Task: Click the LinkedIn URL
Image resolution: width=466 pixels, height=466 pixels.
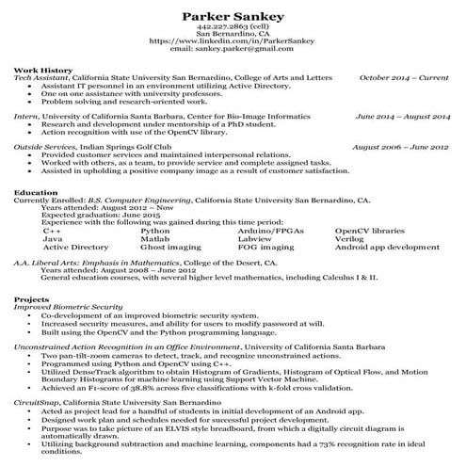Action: (232, 42)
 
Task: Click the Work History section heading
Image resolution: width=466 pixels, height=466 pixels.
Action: (41, 70)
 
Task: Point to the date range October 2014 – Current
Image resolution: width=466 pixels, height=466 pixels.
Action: (405, 77)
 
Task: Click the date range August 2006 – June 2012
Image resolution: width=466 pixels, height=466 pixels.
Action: (401, 147)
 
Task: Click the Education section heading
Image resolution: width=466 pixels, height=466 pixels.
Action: (37, 192)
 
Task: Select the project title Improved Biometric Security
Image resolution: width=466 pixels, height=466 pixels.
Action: (69, 307)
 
